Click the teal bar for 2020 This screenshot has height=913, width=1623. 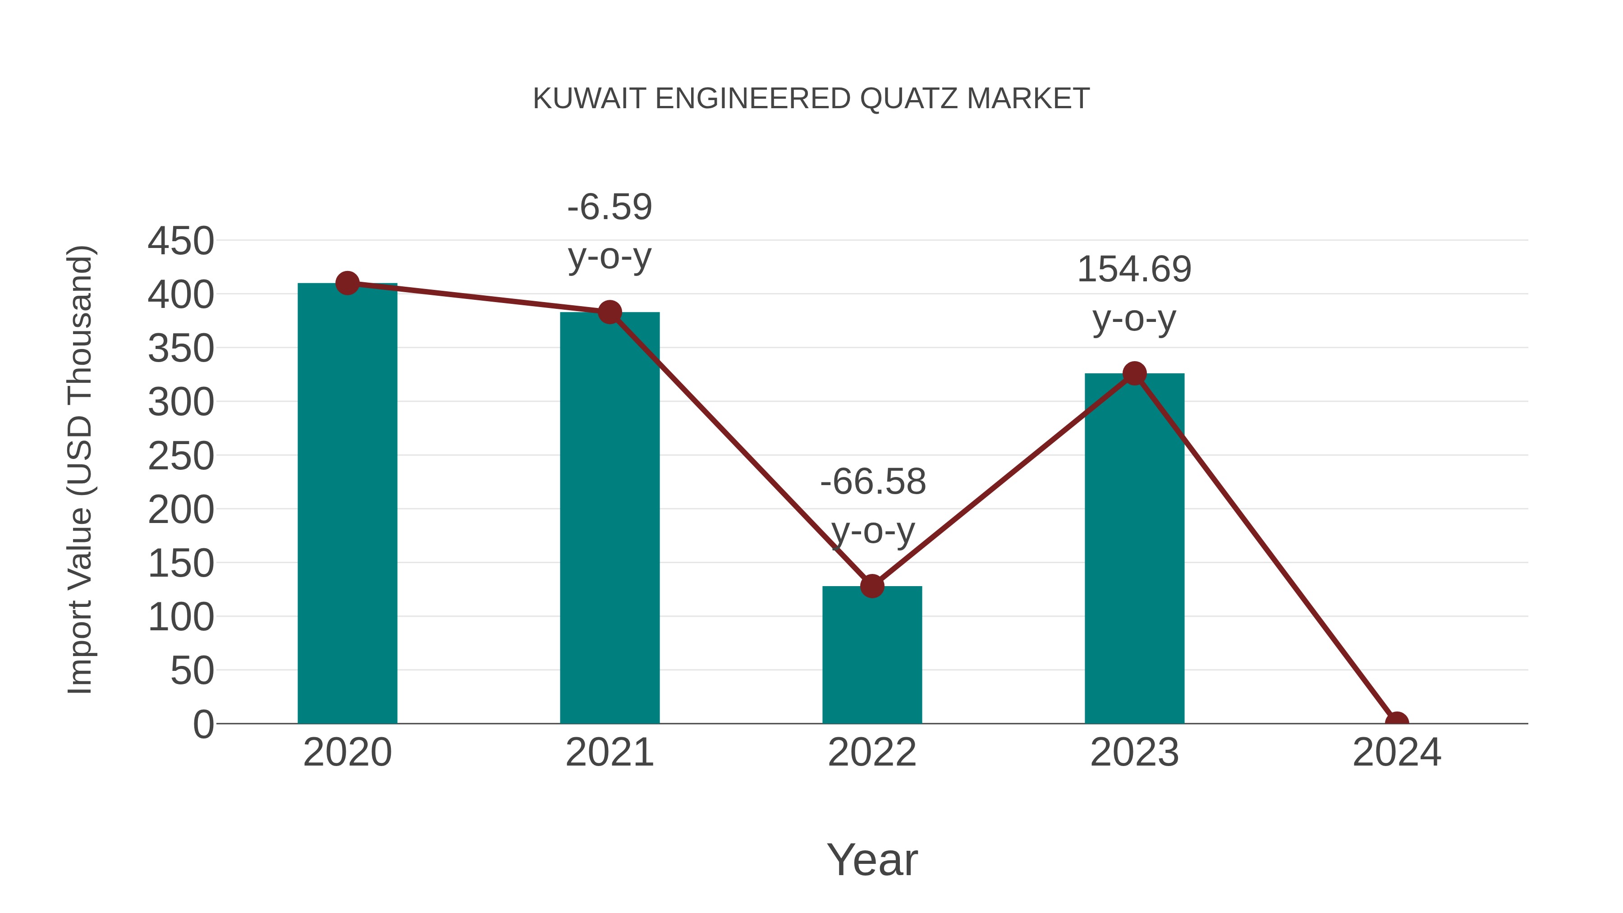tap(347, 504)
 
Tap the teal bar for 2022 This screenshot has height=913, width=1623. tap(872, 655)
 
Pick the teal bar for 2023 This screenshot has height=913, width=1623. tap(1134, 548)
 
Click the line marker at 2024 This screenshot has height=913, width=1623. tap(1396, 722)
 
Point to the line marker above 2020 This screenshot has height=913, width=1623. tap(347, 284)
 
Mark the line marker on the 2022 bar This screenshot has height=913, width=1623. tap(872, 586)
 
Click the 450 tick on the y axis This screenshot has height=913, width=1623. tap(181, 241)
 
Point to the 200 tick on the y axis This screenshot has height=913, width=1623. tap(181, 510)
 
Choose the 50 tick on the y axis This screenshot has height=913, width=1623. tap(192, 671)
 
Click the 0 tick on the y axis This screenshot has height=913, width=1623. tap(203, 725)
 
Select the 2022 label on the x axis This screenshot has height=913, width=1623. tap(872, 752)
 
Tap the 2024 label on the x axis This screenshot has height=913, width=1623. tap(1396, 752)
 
